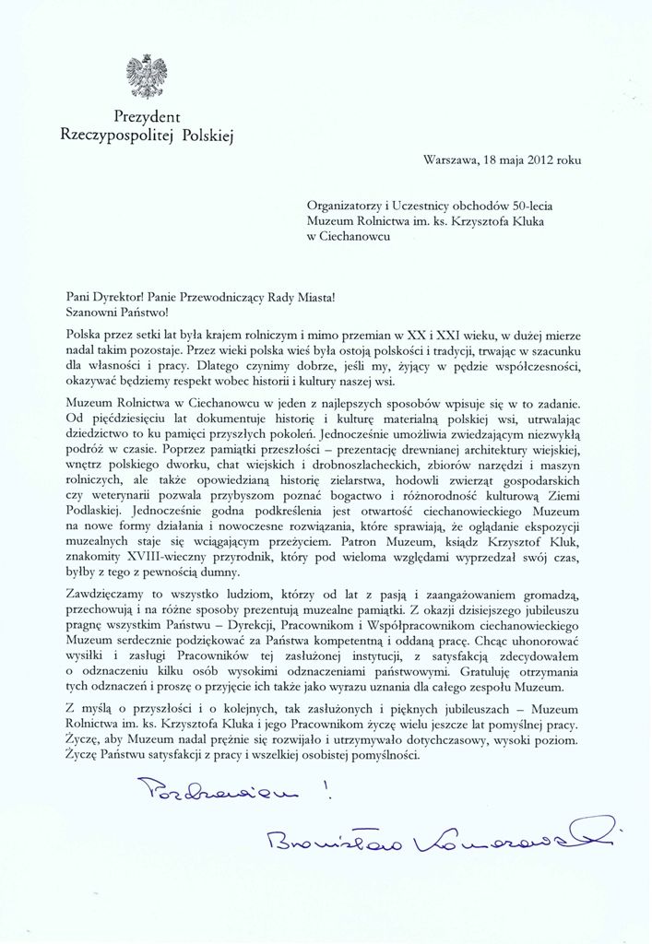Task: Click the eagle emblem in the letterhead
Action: (148, 77)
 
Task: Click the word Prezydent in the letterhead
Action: (148, 117)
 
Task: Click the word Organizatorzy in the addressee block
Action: (348, 203)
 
